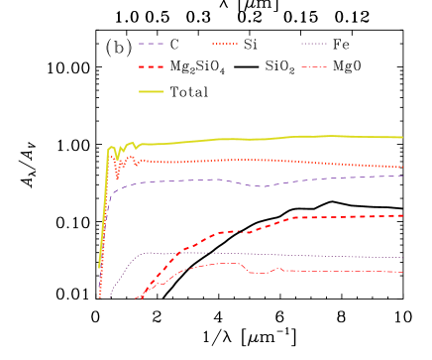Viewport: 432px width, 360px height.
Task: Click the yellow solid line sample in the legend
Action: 151,91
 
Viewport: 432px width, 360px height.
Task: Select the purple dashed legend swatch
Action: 151,44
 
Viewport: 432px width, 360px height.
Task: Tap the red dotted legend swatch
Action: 225,44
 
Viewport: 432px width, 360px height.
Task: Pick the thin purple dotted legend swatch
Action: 314,44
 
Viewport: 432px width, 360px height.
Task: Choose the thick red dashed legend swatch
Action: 151,67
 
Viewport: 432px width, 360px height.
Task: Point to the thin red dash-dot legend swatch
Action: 314,67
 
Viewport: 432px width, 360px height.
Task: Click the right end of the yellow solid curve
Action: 402,137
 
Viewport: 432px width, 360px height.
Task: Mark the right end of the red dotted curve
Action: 402,167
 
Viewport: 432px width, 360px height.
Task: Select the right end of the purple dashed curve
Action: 402,176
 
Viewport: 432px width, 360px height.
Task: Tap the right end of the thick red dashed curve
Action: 402,215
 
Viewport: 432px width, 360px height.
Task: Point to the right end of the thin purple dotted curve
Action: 402,258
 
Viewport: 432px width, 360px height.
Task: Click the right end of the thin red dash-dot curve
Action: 402,272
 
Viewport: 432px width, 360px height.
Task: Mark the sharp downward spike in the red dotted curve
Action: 117,178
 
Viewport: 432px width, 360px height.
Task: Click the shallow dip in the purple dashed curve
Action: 260,186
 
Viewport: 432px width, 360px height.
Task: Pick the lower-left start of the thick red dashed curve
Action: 136,298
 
